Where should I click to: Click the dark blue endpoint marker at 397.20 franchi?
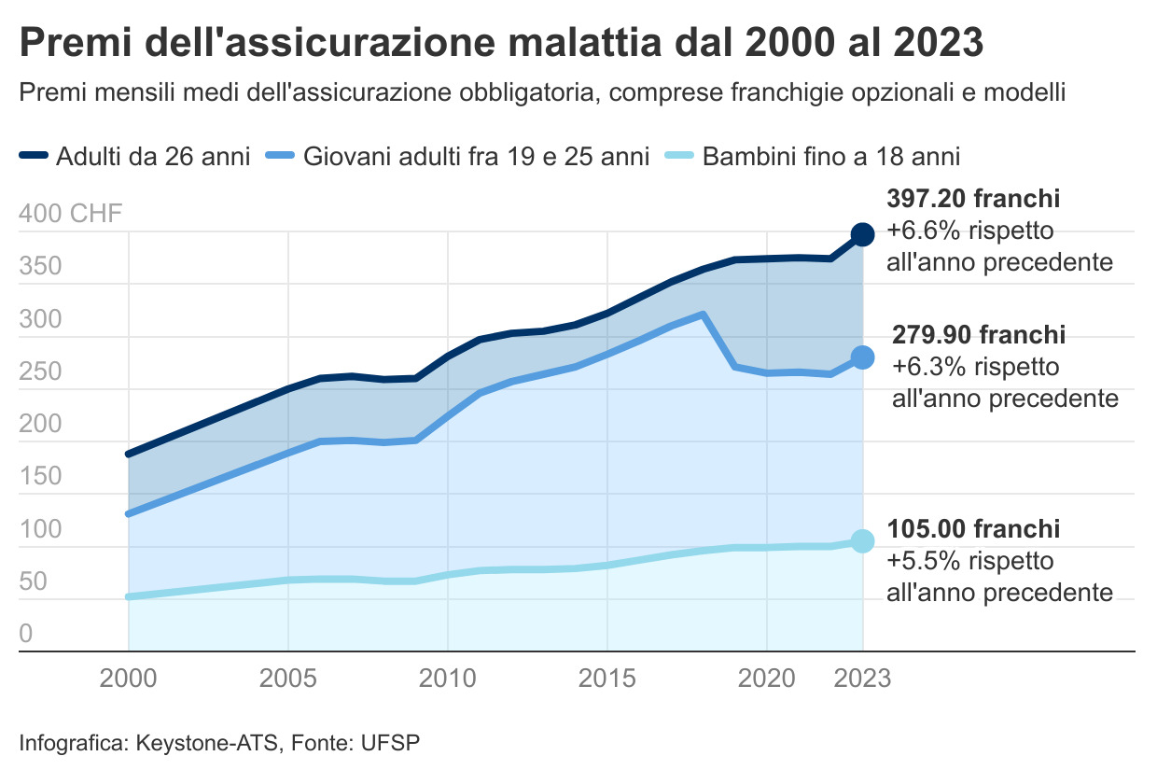tap(862, 234)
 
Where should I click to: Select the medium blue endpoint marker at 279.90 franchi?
tap(862, 357)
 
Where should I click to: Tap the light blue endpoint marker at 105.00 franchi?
tap(862, 541)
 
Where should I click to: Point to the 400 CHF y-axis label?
tap(70, 215)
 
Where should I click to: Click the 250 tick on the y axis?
tap(39, 372)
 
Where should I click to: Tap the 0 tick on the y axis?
tap(26, 635)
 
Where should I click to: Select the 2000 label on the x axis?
tap(129, 679)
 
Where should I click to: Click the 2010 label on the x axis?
tap(448, 679)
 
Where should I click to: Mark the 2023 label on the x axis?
tap(859, 679)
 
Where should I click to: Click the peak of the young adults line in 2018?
tap(703, 315)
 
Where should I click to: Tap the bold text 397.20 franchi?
tap(973, 199)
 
